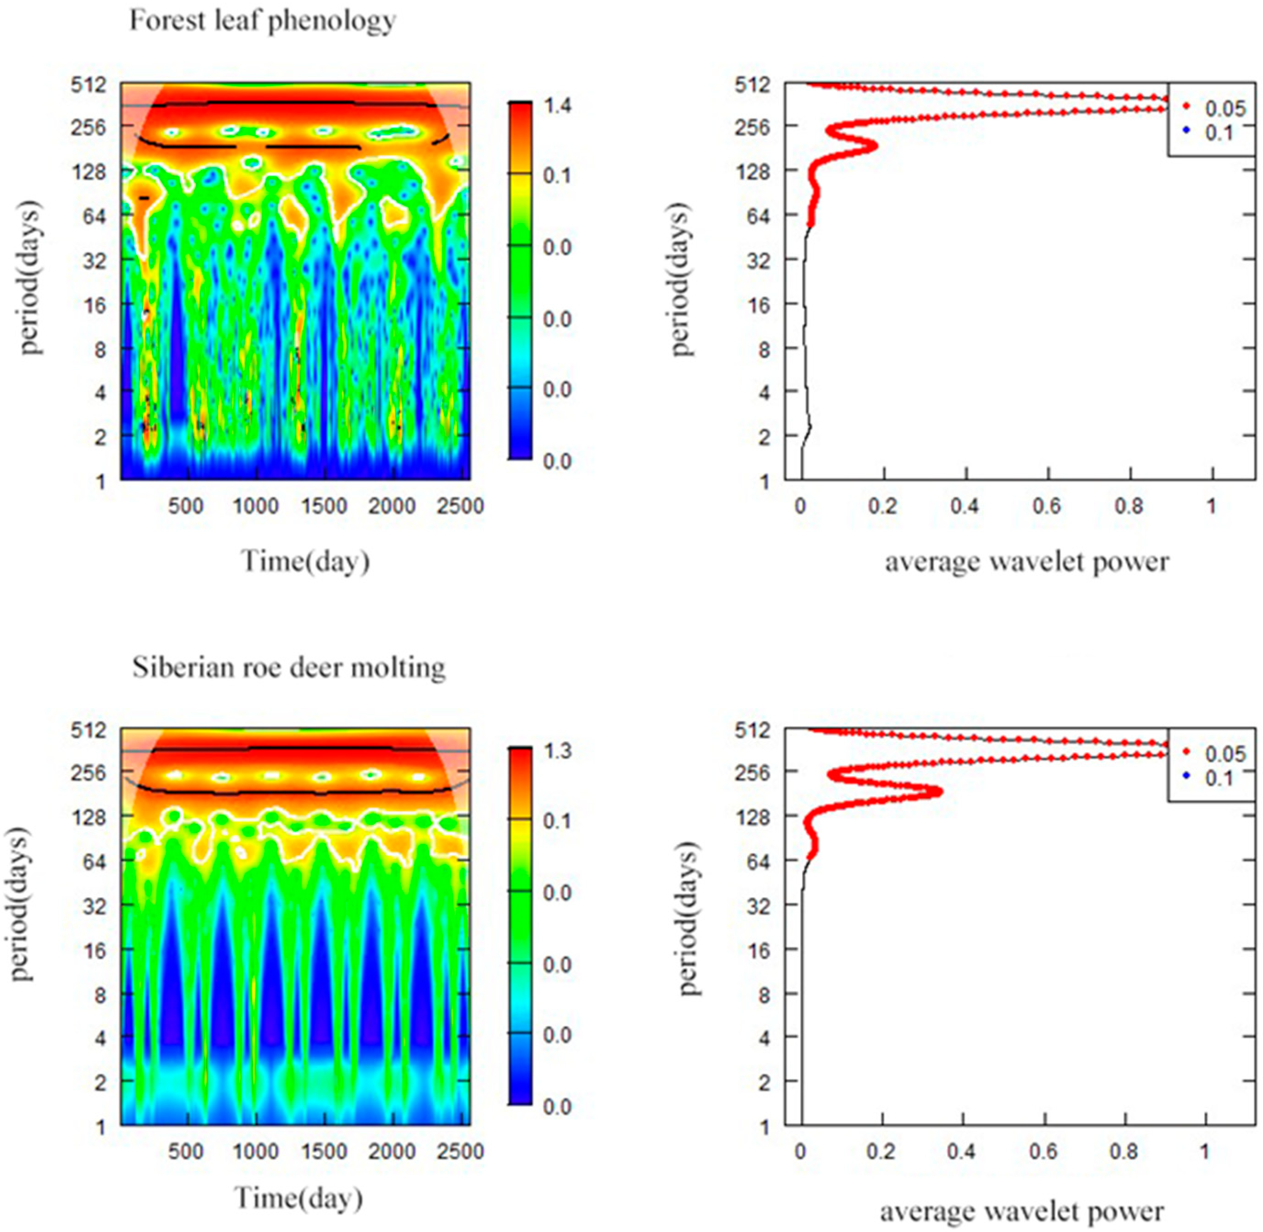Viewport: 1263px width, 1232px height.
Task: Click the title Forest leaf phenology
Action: [262, 21]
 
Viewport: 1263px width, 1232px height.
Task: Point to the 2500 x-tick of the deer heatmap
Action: [460, 1151]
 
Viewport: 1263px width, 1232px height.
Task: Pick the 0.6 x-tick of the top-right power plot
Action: [1047, 506]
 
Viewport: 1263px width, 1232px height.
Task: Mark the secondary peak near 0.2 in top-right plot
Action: [875, 145]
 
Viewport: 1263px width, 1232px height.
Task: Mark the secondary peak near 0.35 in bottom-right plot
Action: [938, 791]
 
